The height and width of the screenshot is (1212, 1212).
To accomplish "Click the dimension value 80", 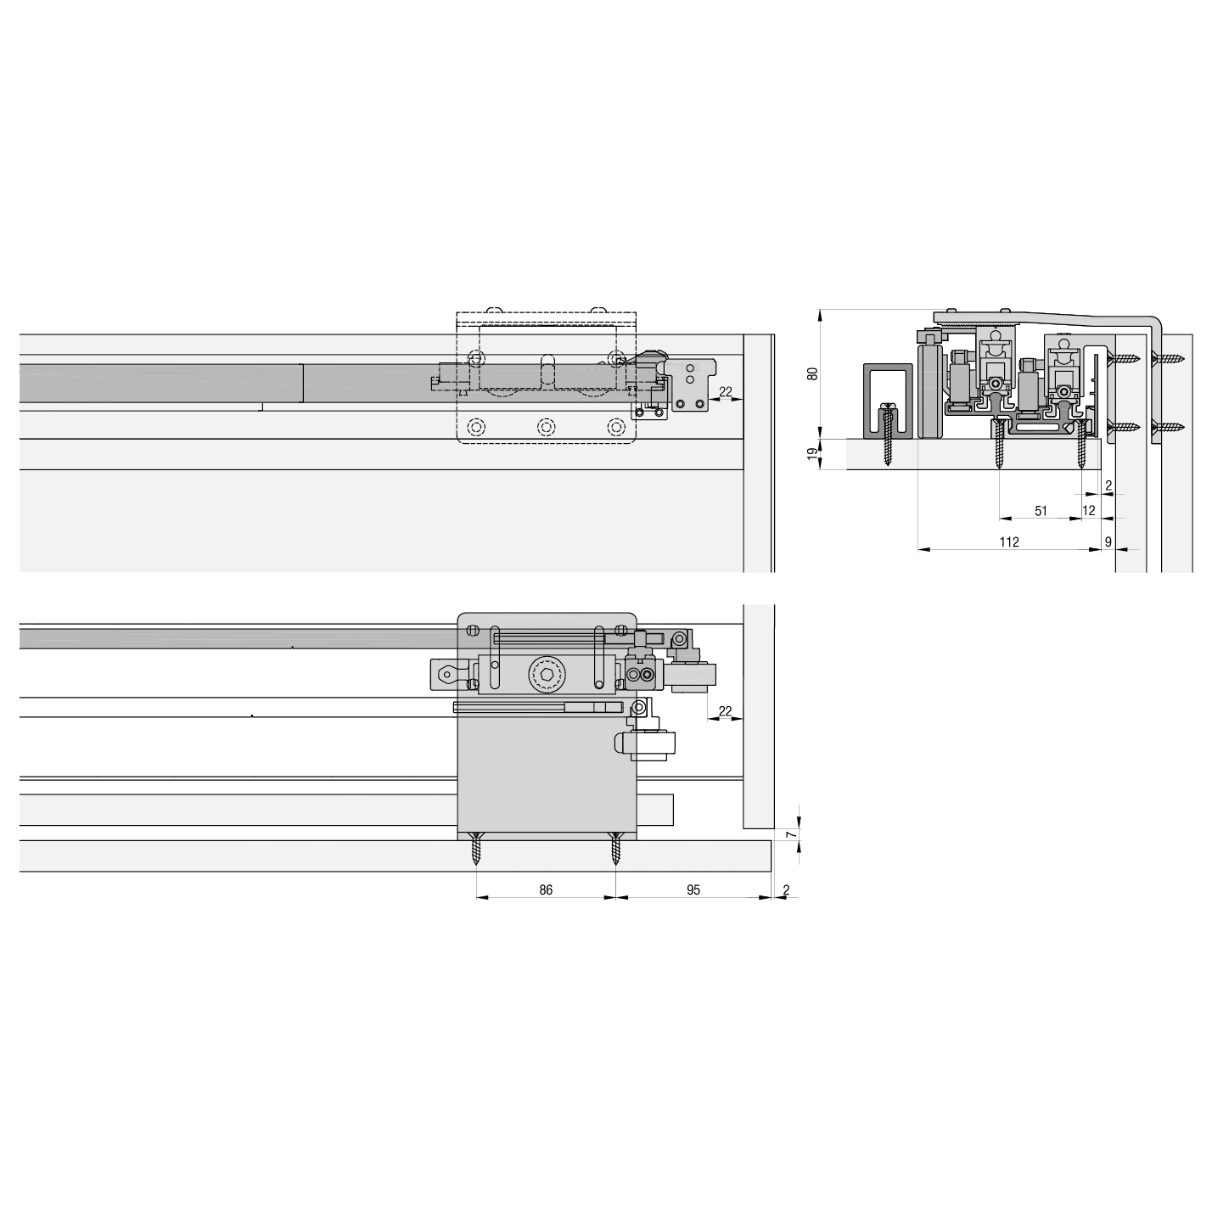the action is coord(812,373).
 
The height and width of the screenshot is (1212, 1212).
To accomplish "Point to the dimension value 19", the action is coord(812,453).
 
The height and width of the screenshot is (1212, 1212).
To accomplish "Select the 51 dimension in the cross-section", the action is coord(1041,511).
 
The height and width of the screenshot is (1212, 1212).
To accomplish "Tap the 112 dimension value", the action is coord(1009,541).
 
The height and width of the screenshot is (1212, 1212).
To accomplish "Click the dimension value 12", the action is coord(1089,511).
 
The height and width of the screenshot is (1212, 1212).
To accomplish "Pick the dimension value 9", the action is coord(1108,541).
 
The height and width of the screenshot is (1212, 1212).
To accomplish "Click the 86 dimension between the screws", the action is coord(546,890).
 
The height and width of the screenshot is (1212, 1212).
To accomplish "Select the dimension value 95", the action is coord(693,890).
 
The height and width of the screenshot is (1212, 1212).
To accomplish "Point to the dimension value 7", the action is coord(793,834).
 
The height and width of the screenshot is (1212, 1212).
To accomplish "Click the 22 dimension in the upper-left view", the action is coord(725,392).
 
